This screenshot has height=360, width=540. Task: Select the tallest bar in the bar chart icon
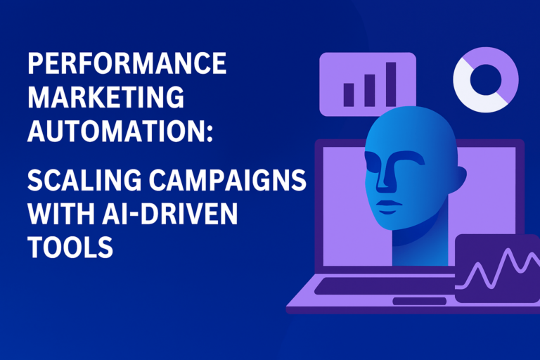(390, 84)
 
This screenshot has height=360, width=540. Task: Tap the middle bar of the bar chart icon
(369, 89)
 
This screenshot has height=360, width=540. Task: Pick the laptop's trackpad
(419, 301)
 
